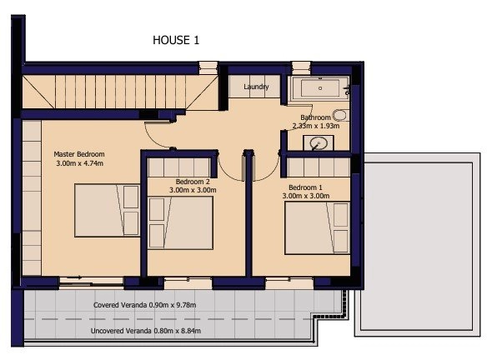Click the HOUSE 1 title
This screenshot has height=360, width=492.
click(x=176, y=40)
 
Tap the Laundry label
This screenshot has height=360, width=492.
click(x=256, y=87)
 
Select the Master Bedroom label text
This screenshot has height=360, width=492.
click(x=79, y=154)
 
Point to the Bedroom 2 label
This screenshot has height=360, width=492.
click(x=193, y=182)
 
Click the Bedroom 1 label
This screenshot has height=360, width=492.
click(x=305, y=187)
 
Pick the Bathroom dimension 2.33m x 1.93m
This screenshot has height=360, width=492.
click(x=316, y=126)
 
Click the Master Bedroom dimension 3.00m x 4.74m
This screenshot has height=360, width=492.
click(x=80, y=163)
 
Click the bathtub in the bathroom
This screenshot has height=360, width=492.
click(x=319, y=88)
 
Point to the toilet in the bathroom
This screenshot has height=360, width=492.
click(x=340, y=115)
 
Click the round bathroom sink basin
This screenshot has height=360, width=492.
click(x=319, y=144)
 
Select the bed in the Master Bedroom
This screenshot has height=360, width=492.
click(x=107, y=211)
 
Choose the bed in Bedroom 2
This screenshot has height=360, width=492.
click(x=180, y=223)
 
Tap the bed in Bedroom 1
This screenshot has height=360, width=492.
click(x=317, y=228)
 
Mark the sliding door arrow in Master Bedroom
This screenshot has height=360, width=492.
click(x=75, y=277)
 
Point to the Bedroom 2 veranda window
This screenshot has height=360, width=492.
click(x=188, y=283)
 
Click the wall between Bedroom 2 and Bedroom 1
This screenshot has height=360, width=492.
click(x=249, y=214)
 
